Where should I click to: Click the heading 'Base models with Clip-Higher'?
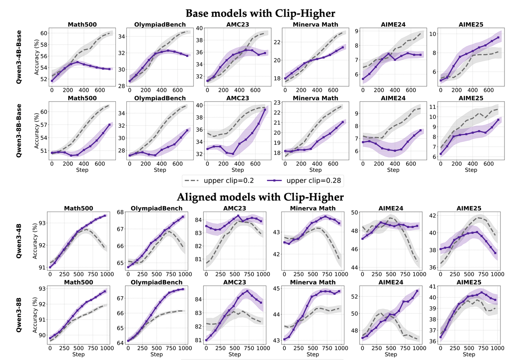tap(260, 13)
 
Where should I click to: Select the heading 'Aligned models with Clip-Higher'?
tap(260, 197)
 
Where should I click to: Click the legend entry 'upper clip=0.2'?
tap(219, 181)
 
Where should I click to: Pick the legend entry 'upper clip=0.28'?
tap(304, 181)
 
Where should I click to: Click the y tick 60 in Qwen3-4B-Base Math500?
tap(44, 33)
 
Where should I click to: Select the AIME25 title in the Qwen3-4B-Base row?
tap(471, 25)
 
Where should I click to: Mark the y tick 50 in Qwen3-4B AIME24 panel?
tap(355, 212)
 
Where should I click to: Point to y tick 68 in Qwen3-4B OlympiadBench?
tap(121, 212)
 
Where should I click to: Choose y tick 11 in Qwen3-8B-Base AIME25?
tap(433, 107)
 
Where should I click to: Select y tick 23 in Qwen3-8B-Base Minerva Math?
tap(277, 103)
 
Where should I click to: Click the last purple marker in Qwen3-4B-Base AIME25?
tap(498, 37)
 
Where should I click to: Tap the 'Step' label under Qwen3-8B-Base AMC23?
tap(238, 170)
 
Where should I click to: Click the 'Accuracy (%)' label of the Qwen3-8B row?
tap(35, 314)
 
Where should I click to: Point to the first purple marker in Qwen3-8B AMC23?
tap(206, 340)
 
